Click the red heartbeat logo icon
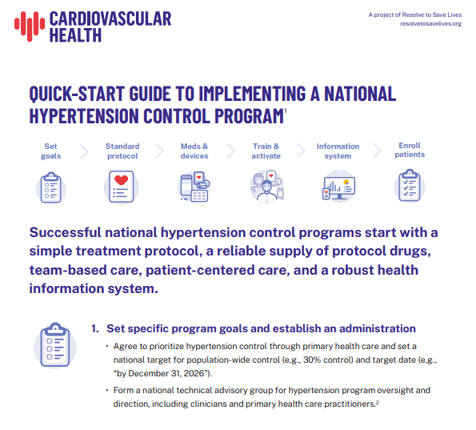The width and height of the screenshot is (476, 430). click(x=30, y=26)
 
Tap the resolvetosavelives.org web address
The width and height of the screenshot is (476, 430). click(x=430, y=24)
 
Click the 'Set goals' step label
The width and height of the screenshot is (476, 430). click(x=50, y=151)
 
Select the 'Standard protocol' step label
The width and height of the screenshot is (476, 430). click(x=122, y=151)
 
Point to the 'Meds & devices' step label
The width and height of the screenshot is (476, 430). click(x=194, y=151)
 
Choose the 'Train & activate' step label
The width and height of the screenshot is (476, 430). click(x=266, y=151)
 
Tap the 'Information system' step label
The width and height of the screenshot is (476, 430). click(x=338, y=151)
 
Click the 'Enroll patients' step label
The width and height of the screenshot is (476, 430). click(x=410, y=150)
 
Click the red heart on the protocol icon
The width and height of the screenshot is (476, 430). click(x=121, y=180)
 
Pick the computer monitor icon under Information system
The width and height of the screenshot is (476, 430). click(x=339, y=186)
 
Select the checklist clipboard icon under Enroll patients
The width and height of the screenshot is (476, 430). click(x=410, y=185)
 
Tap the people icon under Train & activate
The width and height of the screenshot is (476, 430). click(x=267, y=187)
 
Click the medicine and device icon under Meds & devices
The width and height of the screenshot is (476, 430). click(x=194, y=187)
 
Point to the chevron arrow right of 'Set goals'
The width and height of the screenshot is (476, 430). click(x=84, y=151)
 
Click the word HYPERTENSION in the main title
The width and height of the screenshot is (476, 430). click(x=84, y=116)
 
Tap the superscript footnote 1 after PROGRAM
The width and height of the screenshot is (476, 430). click(x=286, y=111)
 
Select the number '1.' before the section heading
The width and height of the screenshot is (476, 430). click(x=95, y=328)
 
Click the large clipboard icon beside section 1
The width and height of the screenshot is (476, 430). click(x=55, y=345)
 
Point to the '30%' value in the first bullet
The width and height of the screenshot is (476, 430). click(x=312, y=360)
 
